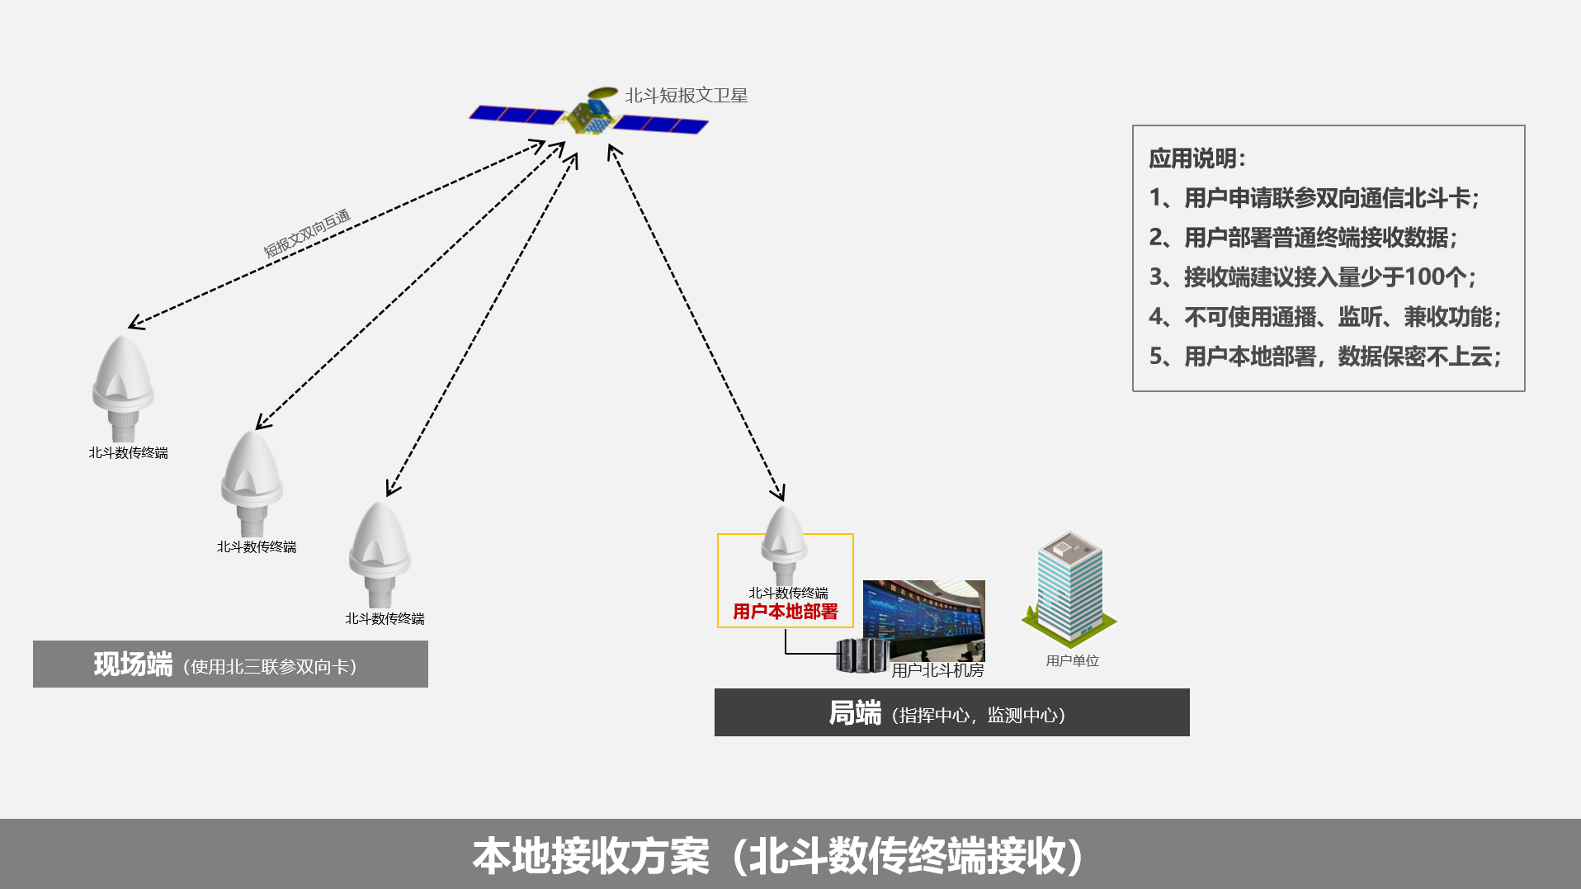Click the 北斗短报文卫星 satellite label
[686, 96]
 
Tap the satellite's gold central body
[589, 117]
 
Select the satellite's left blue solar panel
[517, 115]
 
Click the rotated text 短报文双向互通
[307, 233]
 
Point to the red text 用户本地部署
[785, 612]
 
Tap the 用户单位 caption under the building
[1072, 660]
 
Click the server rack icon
[859, 655]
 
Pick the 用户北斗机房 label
[937, 670]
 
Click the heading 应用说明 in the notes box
[1196, 158]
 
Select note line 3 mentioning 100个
[1312, 277]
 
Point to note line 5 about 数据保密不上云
[1324, 357]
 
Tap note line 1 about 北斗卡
[1314, 198]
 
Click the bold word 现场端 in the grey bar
[133, 664]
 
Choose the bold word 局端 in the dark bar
[855, 713]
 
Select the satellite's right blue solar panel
[661, 125]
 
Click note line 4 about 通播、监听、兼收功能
[1324, 317]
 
